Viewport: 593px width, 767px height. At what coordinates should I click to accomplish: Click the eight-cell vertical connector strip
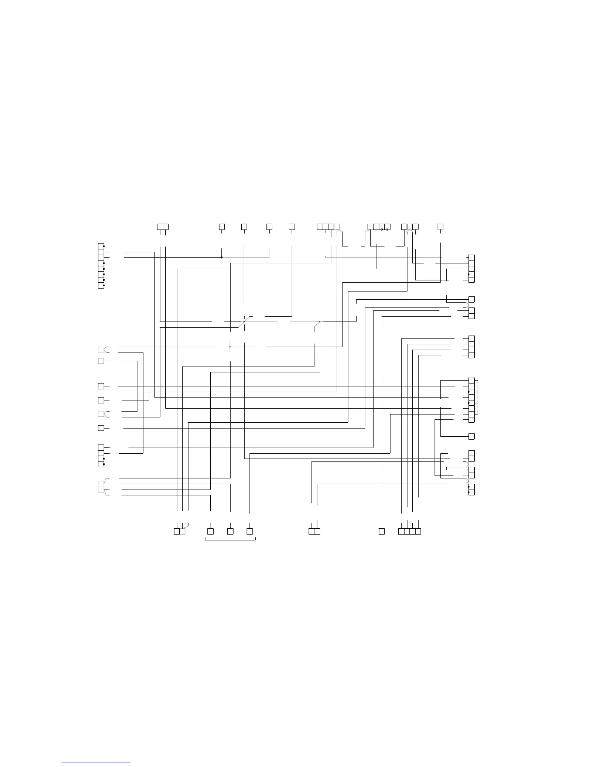click(101, 266)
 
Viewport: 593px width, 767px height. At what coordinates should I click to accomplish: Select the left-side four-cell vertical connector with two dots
click(101, 456)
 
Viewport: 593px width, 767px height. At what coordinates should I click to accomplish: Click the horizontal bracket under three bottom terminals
click(230, 539)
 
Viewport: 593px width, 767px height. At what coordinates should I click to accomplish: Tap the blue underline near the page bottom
click(96, 763)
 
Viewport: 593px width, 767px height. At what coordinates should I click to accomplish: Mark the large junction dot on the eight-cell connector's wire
click(221, 257)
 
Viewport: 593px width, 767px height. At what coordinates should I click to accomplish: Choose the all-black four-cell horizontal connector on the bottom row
click(409, 531)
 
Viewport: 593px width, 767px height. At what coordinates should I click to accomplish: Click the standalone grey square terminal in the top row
click(440, 226)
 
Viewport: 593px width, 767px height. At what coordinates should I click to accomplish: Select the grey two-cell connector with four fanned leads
click(101, 486)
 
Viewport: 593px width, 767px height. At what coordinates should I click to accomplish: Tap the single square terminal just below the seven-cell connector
click(471, 436)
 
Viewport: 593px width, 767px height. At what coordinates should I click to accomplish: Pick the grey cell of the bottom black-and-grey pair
click(183, 531)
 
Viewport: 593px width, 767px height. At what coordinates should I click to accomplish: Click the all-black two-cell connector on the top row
click(163, 226)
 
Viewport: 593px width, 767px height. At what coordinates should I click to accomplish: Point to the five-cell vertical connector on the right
click(471, 268)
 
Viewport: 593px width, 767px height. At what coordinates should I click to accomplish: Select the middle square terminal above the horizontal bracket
click(230, 531)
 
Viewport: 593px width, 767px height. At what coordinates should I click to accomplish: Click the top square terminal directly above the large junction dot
click(221, 226)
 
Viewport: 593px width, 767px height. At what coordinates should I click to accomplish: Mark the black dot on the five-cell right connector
click(468, 274)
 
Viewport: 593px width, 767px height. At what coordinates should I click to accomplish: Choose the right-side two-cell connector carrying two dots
click(471, 489)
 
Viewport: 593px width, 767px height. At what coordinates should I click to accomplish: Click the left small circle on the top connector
click(382, 229)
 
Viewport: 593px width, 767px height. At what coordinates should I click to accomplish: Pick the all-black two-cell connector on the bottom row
click(314, 531)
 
